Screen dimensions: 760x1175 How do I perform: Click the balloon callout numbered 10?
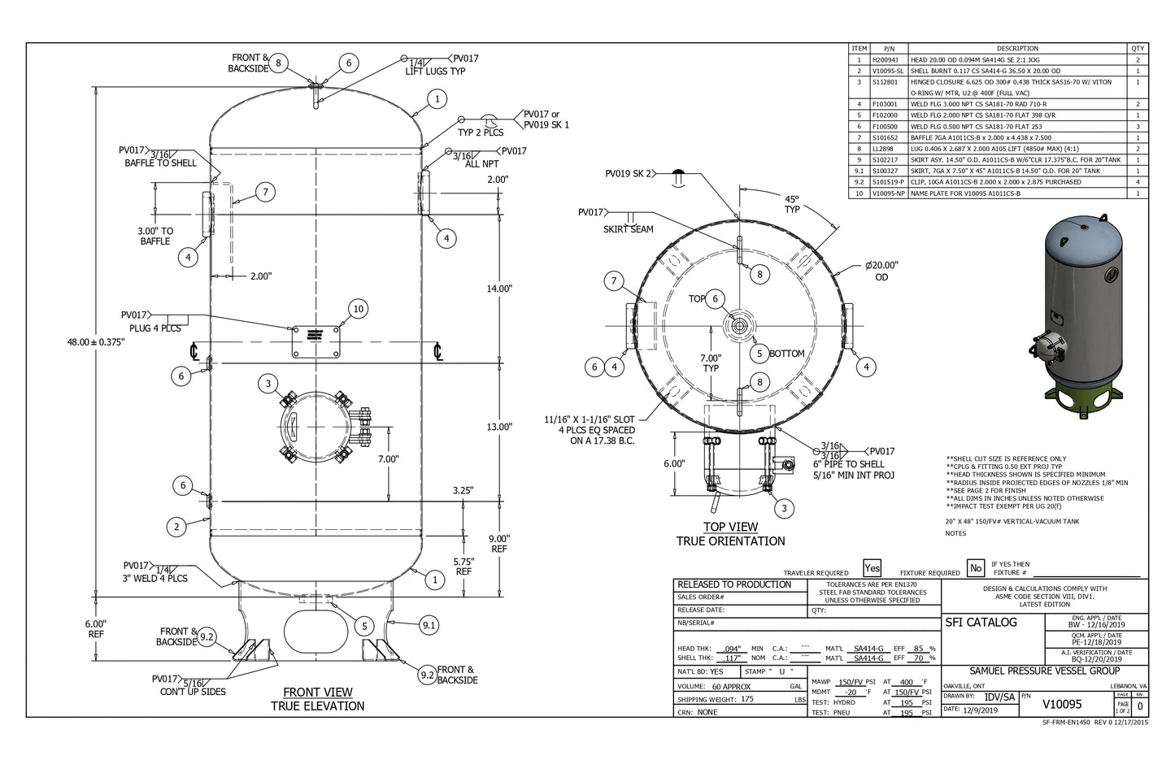(x=358, y=309)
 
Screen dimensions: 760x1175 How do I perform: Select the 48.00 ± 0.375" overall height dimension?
(x=95, y=342)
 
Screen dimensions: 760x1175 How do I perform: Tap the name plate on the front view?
(x=316, y=341)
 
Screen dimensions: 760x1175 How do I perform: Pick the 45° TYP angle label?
(x=791, y=204)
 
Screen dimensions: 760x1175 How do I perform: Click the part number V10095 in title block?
(x=1061, y=704)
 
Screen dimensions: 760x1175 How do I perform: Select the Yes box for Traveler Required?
(x=872, y=568)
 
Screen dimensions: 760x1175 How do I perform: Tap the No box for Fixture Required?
(x=976, y=568)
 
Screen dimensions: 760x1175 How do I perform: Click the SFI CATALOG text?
(x=981, y=623)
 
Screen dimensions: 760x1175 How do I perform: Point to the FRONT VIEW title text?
(x=317, y=693)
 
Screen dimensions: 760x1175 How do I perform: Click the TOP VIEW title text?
(x=730, y=527)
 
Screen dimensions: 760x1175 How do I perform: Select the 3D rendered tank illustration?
(x=1080, y=317)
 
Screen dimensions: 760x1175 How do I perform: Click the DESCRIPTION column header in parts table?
(x=1017, y=49)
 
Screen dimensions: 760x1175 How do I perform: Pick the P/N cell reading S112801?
(x=885, y=82)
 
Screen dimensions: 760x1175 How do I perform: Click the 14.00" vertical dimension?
(x=499, y=289)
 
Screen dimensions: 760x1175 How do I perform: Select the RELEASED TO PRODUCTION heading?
(x=734, y=584)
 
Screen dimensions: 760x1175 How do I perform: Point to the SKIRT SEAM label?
(x=628, y=229)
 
